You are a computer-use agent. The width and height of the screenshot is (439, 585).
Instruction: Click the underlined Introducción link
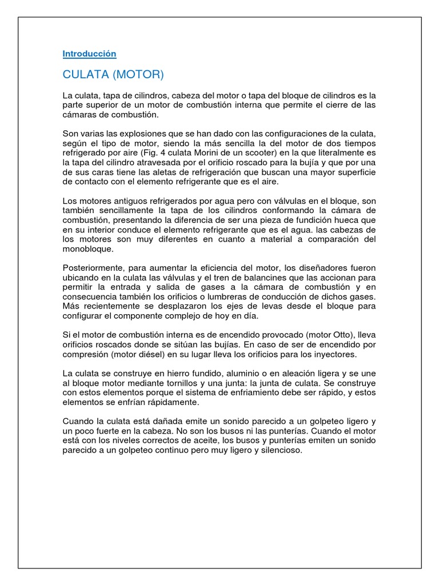(x=89, y=54)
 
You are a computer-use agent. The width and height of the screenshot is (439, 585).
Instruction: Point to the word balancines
(x=241, y=277)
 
